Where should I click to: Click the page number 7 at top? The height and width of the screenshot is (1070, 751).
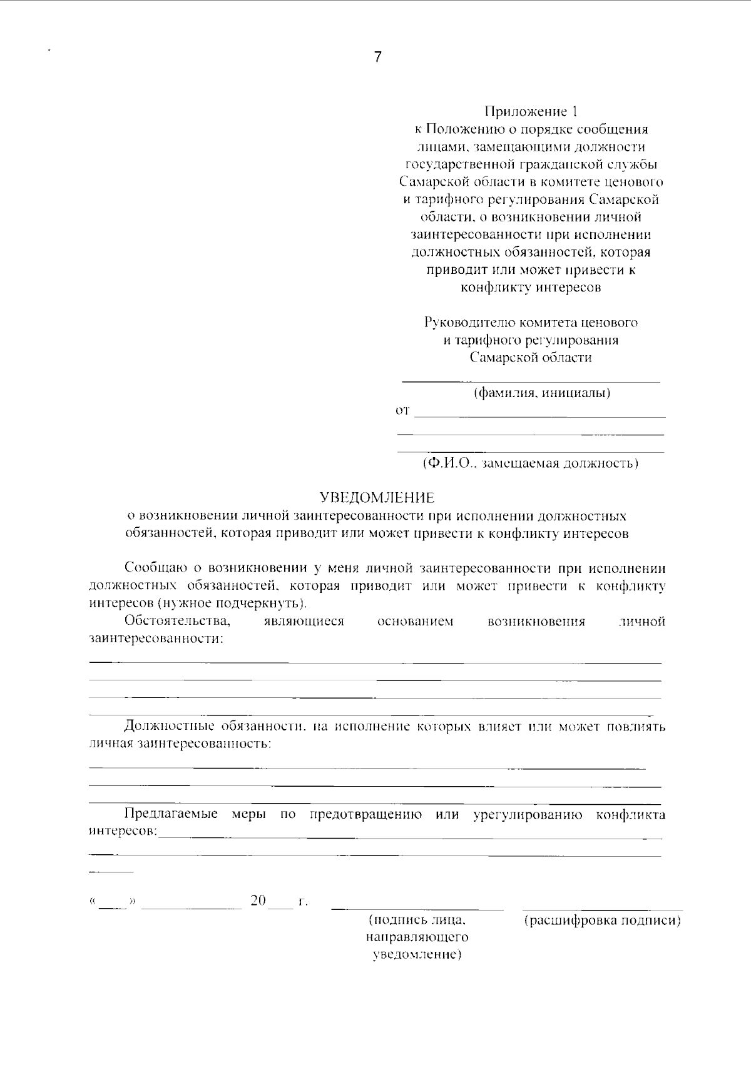(377, 57)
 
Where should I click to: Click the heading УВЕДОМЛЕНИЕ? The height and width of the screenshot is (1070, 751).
(377, 498)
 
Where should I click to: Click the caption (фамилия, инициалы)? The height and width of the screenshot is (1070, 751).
(542, 393)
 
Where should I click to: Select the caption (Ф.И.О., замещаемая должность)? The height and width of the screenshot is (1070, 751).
(530, 464)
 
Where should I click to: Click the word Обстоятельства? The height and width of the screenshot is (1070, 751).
(178, 622)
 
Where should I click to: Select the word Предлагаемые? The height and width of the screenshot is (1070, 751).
(170, 814)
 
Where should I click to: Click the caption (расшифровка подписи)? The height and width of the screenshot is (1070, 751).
(602, 921)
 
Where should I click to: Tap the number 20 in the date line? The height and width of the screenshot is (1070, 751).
(258, 901)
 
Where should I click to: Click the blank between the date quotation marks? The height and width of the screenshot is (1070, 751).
(113, 902)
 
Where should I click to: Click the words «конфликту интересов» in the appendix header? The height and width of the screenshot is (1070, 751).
(531, 288)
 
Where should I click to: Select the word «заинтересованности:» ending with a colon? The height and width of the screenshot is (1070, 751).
(156, 639)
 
